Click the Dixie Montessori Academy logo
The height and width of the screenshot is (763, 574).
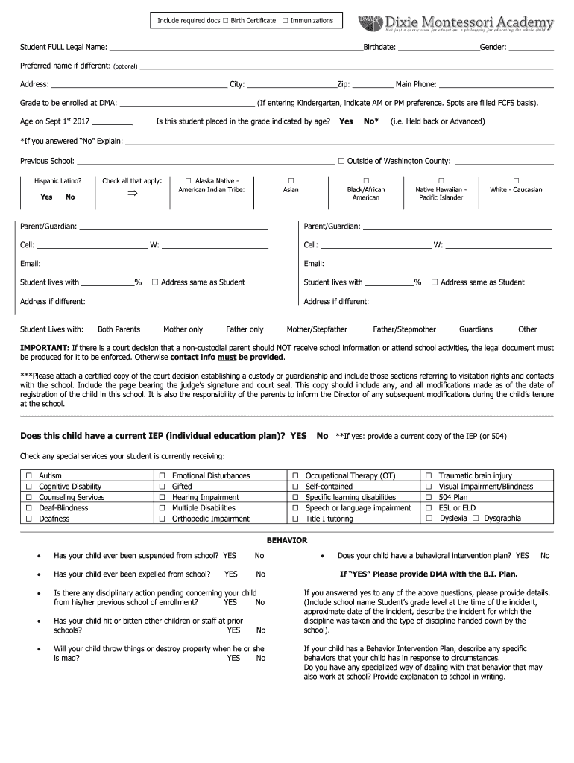(x=455, y=24)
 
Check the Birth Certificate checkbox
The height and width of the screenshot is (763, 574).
(x=225, y=20)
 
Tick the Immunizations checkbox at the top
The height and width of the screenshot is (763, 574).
(x=285, y=20)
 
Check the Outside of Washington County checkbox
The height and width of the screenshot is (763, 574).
(x=341, y=161)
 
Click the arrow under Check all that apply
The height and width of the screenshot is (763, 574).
(x=133, y=194)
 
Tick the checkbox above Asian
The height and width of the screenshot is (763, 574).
(x=291, y=181)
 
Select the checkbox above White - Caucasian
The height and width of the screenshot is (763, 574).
(x=516, y=181)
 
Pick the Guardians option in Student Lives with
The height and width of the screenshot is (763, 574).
(x=476, y=329)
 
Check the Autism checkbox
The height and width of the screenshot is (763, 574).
(x=29, y=475)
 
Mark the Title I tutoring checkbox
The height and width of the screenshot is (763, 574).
(x=295, y=519)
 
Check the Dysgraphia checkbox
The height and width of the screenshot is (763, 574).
(x=475, y=518)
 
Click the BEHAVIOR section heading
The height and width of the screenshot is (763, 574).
(x=287, y=540)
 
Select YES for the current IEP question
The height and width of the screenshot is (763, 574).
(x=298, y=435)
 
